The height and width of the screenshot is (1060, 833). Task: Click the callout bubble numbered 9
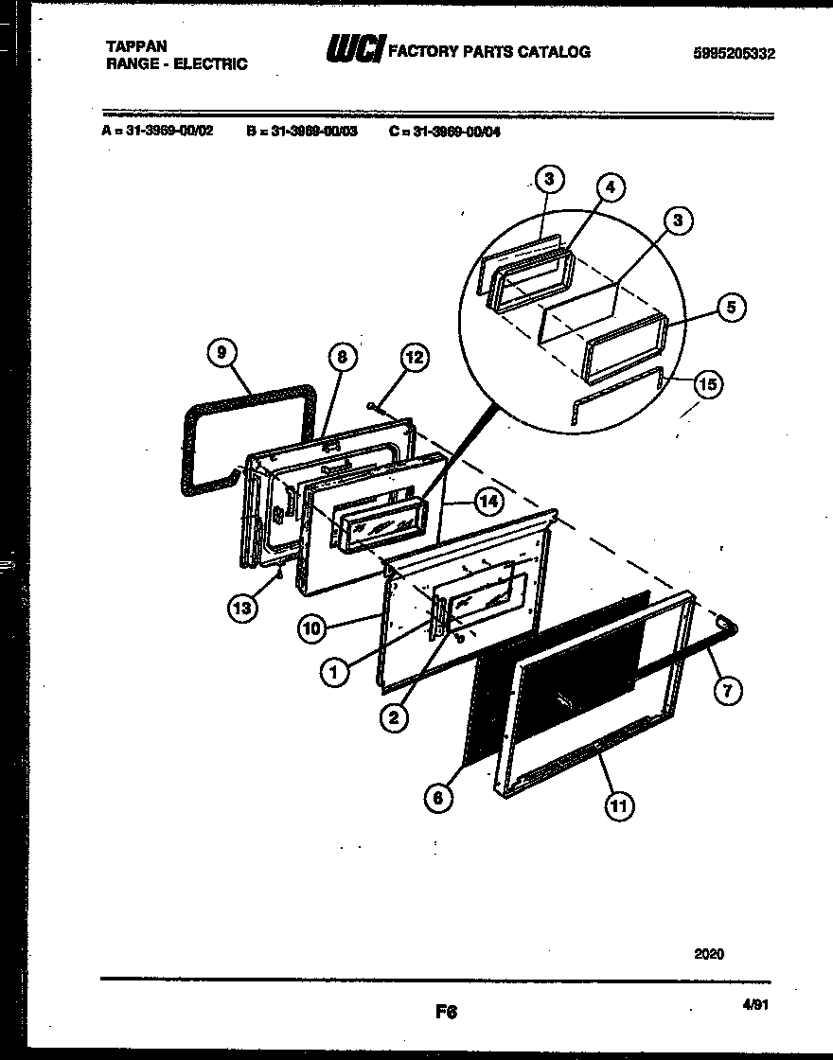tap(221, 353)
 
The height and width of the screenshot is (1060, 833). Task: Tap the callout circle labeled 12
tap(414, 357)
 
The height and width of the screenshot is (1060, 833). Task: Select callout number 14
tap(487, 503)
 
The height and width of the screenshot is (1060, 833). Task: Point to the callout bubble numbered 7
tap(726, 691)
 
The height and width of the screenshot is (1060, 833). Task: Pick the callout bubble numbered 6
tap(437, 798)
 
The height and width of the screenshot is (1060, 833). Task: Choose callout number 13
tap(242, 609)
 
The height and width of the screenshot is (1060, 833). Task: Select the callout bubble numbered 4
tap(611, 188)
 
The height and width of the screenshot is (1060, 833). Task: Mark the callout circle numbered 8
tap(342, 357)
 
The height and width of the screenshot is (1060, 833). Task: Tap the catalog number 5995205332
tap(734, 54)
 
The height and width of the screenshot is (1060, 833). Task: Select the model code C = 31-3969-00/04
tap(444, 132)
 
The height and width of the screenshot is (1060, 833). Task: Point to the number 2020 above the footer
tap(708, 954)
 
